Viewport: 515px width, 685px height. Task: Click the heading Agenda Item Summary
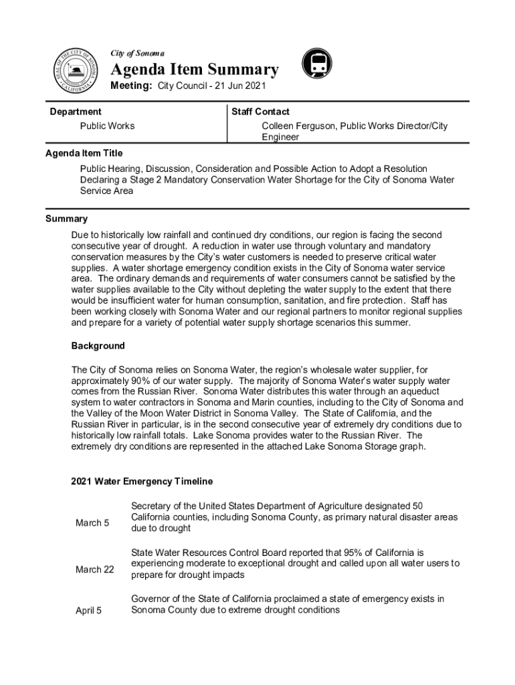[194, 70]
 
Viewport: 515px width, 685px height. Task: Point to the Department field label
[76, 112]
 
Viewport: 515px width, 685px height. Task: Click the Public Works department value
[107, 126]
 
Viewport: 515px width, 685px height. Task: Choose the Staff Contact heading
[260, 112]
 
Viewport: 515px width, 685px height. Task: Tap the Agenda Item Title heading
[84, 153]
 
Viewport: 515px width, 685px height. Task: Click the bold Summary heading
[66, 219]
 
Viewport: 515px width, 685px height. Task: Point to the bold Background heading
[98, 346]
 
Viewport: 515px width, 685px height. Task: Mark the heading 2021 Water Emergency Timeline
[142, 481]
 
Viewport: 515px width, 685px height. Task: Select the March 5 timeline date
[92, 522]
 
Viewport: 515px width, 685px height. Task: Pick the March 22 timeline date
[94, 569]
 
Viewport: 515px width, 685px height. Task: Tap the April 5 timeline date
[88, 610]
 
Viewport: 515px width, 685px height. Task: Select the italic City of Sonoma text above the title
[138, 53]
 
